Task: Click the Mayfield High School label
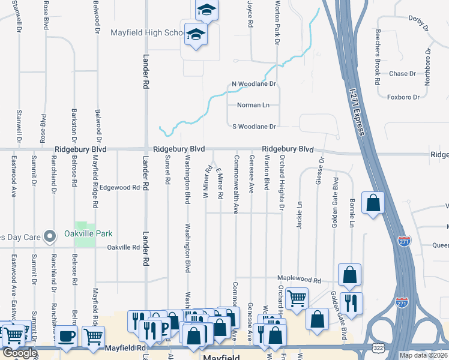click(x=148, y=32)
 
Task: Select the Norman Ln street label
click(x=253, y=105)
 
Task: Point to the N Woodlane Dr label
click(x=253, y=85)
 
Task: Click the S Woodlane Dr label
click(x=253, y=127)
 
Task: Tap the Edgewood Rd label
click(x=119, y=187)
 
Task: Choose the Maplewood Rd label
click(x=299, y=280)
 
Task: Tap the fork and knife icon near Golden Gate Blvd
click(x=351, y=301)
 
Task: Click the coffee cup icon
click(x=66, y=335)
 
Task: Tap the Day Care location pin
click(x=50, y=236)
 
